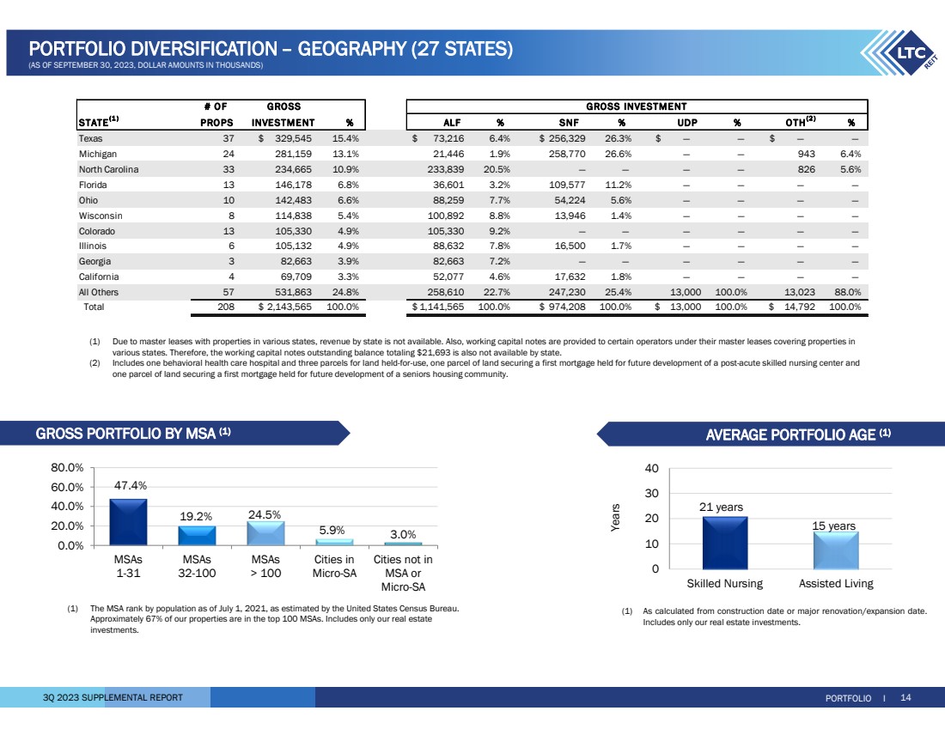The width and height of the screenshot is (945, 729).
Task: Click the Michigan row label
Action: coord(99,153)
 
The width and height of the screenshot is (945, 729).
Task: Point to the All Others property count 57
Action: coord(204,292)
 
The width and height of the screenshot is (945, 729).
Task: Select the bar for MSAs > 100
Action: coord(265,533)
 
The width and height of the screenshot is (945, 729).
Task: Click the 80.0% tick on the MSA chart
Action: coord(67,468)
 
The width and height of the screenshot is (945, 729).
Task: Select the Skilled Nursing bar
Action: coord(724,543)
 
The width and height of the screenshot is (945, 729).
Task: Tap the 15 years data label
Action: coord(834,525)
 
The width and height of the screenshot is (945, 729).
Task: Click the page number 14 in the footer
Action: coord(905,697)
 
